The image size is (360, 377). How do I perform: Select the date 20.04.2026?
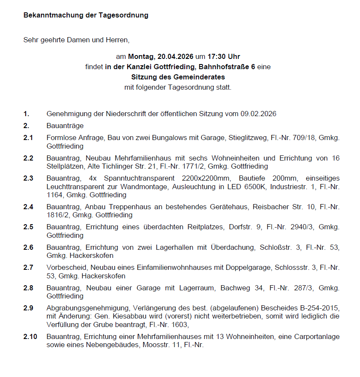tap(175, 56)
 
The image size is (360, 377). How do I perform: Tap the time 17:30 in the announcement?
tap(216, 56)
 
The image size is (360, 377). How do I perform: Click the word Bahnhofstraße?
tap(228, 67)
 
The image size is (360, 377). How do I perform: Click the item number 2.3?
tap(28, 178)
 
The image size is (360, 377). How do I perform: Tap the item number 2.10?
tap(30, 336)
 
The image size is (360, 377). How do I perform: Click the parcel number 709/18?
tap(306, 138)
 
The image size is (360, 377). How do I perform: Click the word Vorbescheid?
tap(64, 267)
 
